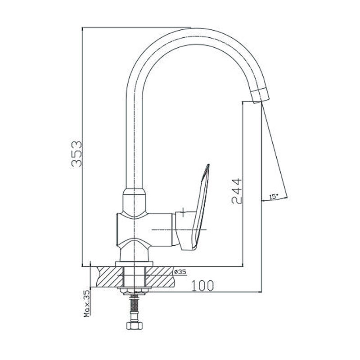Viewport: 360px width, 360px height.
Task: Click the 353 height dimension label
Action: tap(76, 154)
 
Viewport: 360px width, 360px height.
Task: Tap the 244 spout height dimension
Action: tap(237, 191)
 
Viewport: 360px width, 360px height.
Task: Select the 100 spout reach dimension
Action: tap(202, 285)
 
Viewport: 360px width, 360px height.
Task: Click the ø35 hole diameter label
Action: tap(180, 272)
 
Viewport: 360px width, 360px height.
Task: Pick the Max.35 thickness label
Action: tap(87, 303)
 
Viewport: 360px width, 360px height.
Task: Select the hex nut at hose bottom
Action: tap(134, 325)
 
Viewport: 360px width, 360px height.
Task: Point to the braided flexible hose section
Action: tap(134, 303)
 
